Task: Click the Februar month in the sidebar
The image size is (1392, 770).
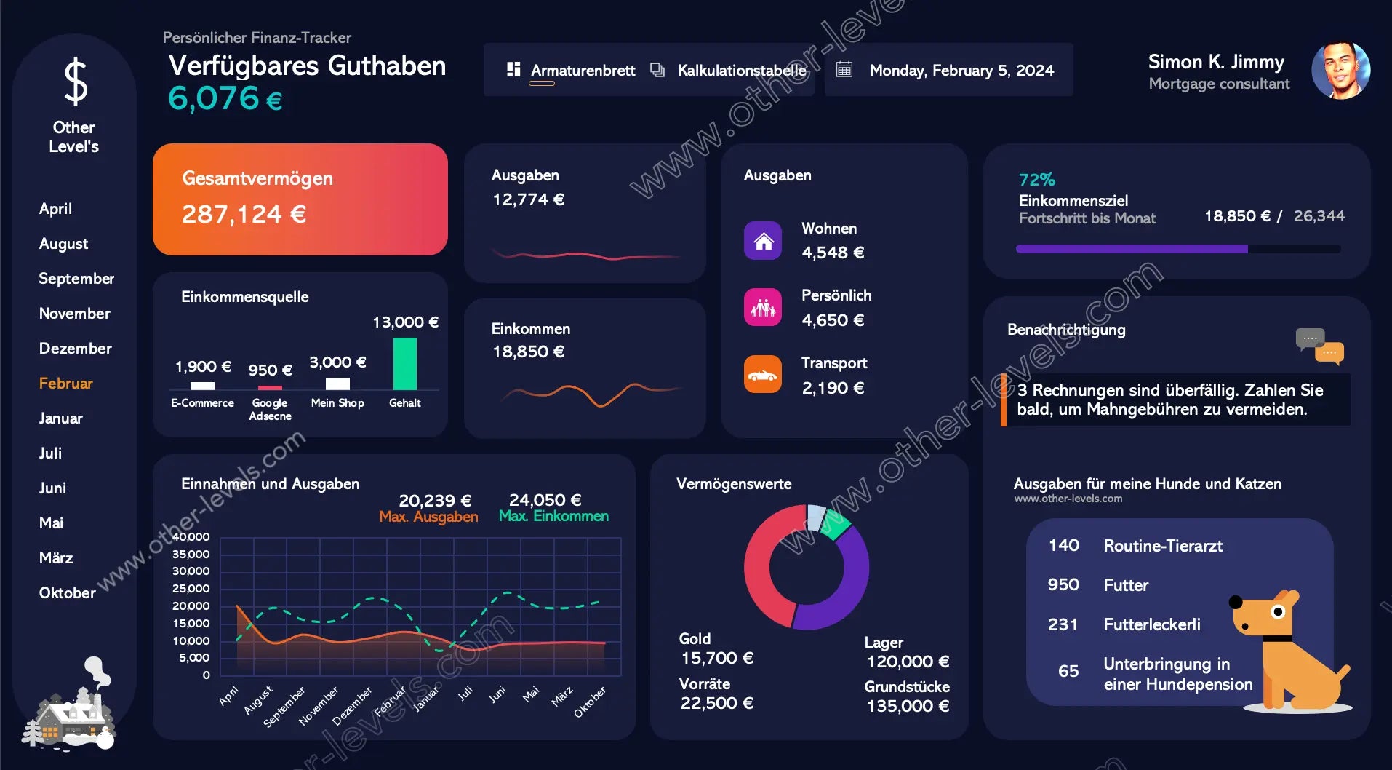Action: click(65, 384)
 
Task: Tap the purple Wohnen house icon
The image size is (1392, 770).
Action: click(763, 241)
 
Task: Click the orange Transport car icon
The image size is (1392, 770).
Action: click(763, 375)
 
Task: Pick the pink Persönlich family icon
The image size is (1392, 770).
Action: click(763, 307)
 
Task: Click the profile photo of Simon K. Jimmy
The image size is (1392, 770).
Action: click(1340, 71)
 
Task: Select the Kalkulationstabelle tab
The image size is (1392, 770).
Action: click(741, 71)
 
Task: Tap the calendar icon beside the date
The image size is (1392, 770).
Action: click(844, 70)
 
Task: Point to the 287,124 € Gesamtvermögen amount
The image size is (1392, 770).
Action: click(244, 214)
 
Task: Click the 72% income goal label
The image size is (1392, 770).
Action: click(1036, 180)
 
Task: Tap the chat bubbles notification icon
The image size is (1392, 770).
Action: click(1319, 346)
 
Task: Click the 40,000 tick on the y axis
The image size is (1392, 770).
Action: click(191, 537)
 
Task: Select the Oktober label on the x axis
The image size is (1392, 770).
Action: click(589, 702)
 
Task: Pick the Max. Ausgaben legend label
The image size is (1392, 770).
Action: click(428, 517)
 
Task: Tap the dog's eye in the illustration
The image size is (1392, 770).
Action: click(1277, 611)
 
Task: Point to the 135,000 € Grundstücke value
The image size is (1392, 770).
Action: click(908, 706)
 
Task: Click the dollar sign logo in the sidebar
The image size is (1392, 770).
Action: click(75, 82)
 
